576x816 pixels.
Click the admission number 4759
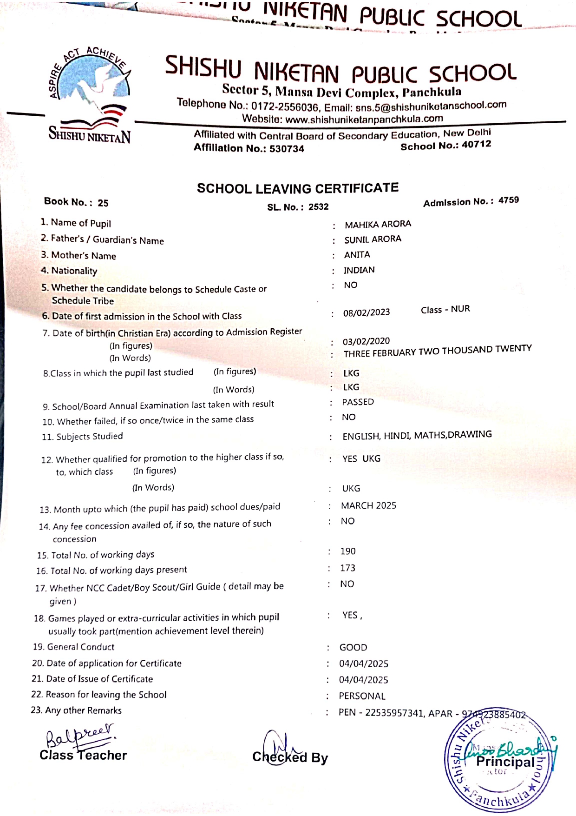point(508,200)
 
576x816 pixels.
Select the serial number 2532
point(318,207)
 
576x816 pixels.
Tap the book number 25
point(103,203)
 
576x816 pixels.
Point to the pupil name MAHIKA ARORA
point(378,224)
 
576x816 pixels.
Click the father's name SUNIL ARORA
point(373,239)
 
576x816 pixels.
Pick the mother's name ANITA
point(357,255)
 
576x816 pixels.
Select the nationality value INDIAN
point(359,270)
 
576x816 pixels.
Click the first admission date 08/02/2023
point(366,312)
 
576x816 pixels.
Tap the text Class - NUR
point(445,310)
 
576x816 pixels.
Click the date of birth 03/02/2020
point(366,341)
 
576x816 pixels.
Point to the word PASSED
point(358,402)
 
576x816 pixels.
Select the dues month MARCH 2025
point(368,505)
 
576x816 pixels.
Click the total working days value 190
point(347,551)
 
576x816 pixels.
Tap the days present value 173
point(347,568)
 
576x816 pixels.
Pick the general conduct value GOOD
point(353,648)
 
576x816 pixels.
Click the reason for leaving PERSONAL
point(362,696)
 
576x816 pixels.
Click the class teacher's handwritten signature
point(79,735)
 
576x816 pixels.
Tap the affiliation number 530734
point(287,149)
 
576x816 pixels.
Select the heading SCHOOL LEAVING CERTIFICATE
point(297,188)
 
